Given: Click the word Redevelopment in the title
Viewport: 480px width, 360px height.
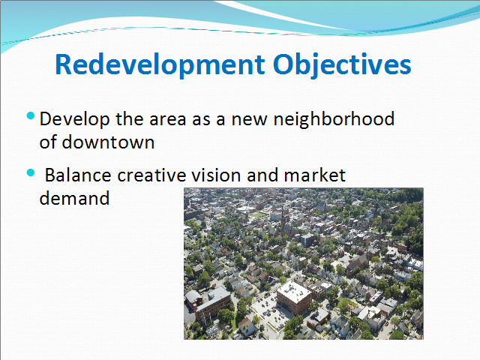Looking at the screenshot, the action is pyautogui.click(x=160, y=65).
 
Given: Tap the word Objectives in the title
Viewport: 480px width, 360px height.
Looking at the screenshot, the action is pyautogui.click(x=342, y=65).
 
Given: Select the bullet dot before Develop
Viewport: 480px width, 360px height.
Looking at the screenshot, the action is pyautogui.click(x=31, y=115).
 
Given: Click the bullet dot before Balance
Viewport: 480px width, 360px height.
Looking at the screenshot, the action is pyautogui.click(x=31, y=172).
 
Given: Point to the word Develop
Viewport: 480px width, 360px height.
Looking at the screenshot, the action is pyautogui.click(x=74, y=120).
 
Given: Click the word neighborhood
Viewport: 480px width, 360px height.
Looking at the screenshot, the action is pyautogui.click(x=334, y=119).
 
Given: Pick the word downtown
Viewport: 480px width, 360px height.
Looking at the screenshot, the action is pyautogui.click(x=108, y=142).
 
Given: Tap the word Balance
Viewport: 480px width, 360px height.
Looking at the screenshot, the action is pyautogui.click(x=78, y=175).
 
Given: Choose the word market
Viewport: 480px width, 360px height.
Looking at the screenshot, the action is pyautogui.click(x=315, y=175).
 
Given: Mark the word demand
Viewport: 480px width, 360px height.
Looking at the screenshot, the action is pyautogui.click(x=74, y=198).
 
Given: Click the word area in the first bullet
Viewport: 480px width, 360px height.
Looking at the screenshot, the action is pyautogui.click(x=168, y=120).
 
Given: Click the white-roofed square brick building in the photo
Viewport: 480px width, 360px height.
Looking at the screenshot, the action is pyautogui.click(x=294, y=297).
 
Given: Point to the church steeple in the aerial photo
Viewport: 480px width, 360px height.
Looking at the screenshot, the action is pyautogui.click(x=283, y=215).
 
